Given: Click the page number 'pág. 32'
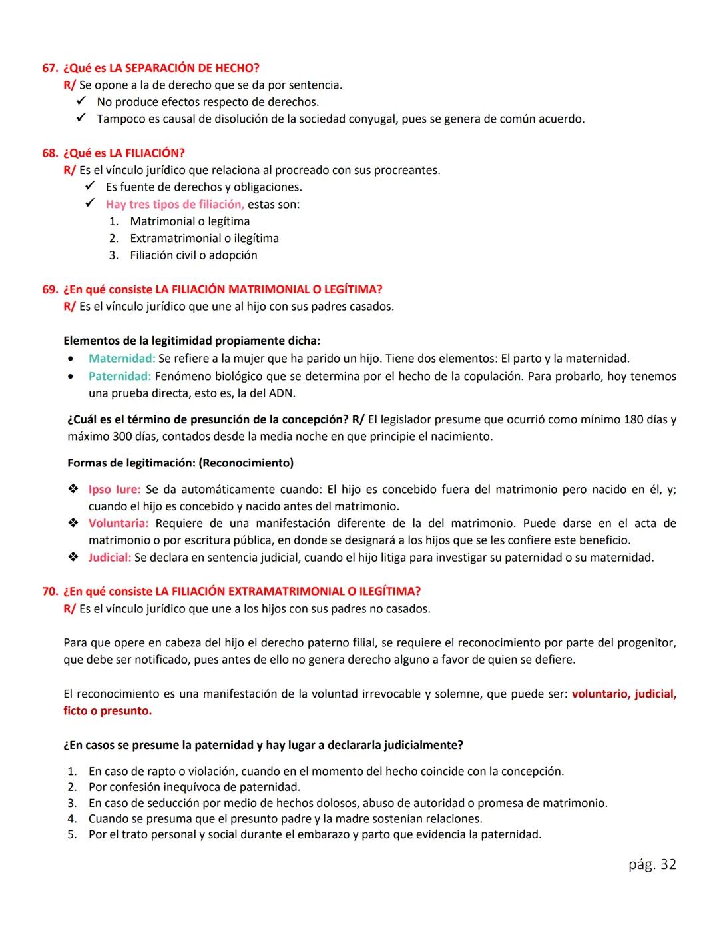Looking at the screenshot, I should coord(652,864).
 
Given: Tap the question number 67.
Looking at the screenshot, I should coord(50,68).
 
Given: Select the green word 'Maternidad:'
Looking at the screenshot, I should coord(122,359).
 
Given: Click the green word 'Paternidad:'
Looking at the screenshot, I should coord(120,376).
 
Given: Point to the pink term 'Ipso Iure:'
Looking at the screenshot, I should coord(115,489).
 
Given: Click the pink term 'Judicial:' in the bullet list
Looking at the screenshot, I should coord(110,557).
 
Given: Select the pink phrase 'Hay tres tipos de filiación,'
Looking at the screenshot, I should coord(174,204).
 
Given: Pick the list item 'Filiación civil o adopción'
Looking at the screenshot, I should coord(193,255).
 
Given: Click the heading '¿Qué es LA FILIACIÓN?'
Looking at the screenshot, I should coord(124,153).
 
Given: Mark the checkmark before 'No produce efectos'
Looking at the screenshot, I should coord(81,101).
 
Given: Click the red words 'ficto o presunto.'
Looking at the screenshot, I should coord(108,711).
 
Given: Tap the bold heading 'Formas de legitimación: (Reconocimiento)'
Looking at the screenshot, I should coord(180,463).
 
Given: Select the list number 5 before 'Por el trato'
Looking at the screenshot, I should coord(72,834).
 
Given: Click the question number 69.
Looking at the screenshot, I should coord(50,289).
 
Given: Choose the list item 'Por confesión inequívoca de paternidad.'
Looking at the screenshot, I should coord(194,787).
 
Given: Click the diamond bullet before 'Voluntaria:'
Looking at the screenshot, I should coord(73,523).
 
